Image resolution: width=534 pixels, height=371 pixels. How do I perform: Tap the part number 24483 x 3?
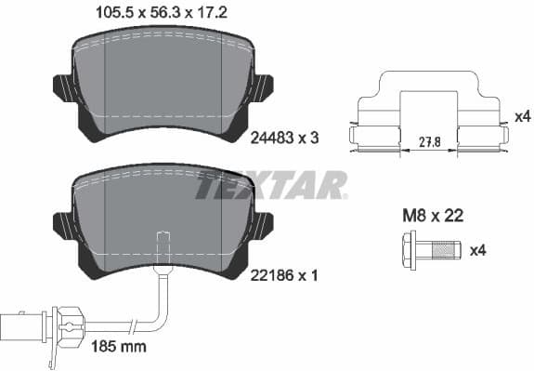click(x=285, y=138)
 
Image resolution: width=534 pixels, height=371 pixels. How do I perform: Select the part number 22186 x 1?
click(x=285, y=277)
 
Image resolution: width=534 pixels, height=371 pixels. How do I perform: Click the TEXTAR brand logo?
click(x=270, y=185)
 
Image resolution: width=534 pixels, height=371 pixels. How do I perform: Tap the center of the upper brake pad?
click(x=163, y=79)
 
